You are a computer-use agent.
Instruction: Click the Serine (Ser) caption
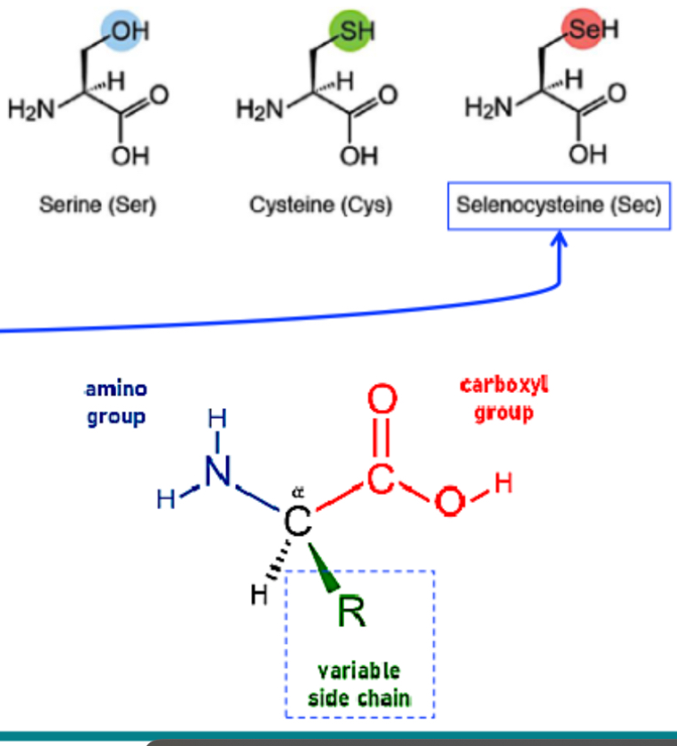pyautogui.click(x=98, y=205)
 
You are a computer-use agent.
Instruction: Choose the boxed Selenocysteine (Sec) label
pyautogui.click(x=559, y=206)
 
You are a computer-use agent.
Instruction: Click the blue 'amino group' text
pyautogui.click(x=116, y=402)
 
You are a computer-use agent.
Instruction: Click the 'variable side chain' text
pyautogui.click(x=359, y=684)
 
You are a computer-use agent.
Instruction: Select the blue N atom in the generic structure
pyautogui.click(x=216, y=474)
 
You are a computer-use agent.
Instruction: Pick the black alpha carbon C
pyautogui.click(x=298, y=523)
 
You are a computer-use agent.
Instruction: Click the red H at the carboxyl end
pyautogui.click(x=504, y=484)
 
